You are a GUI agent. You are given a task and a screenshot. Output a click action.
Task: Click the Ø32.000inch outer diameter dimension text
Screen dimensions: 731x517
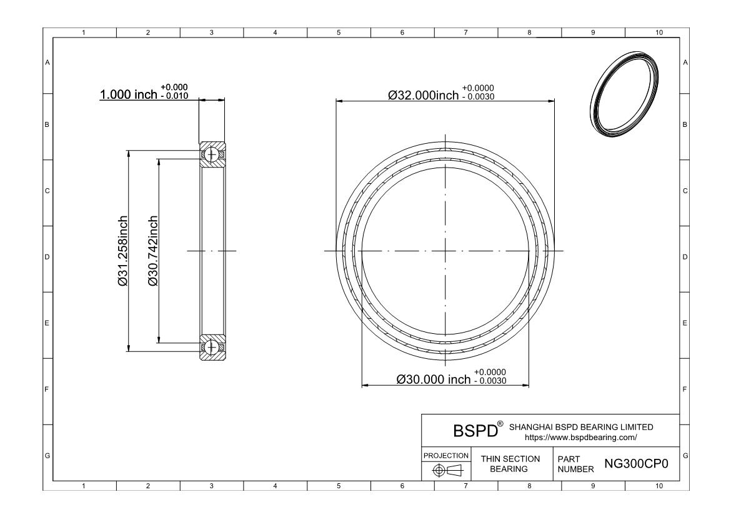pyautogui.click(x=424, y=95)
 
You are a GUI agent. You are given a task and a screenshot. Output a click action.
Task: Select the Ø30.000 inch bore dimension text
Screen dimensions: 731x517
pyautogui.click(x=434, y=379)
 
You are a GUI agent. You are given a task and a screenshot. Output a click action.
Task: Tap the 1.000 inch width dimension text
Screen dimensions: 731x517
pyautogui.click(x=128, y=94)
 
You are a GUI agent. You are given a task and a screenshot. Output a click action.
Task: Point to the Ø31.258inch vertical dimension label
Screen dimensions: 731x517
pyautogui.click(x=122, y=251)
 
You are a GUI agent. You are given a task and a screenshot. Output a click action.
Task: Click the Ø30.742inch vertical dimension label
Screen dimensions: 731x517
pyautogui.click(x=153, y=251)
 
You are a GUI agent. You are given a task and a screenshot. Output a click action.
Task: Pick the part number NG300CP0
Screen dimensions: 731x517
pyautogui.click(x=636, y=464)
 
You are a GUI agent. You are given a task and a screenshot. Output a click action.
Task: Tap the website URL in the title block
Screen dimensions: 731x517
pyautogui.click(x=581, y=438)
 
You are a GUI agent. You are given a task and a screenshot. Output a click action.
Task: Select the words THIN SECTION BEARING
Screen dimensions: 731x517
pyautogui.click(x=510, y=464)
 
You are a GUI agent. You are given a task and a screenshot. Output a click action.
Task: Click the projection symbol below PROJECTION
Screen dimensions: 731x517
pyautogui.click(x=447, y=470)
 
